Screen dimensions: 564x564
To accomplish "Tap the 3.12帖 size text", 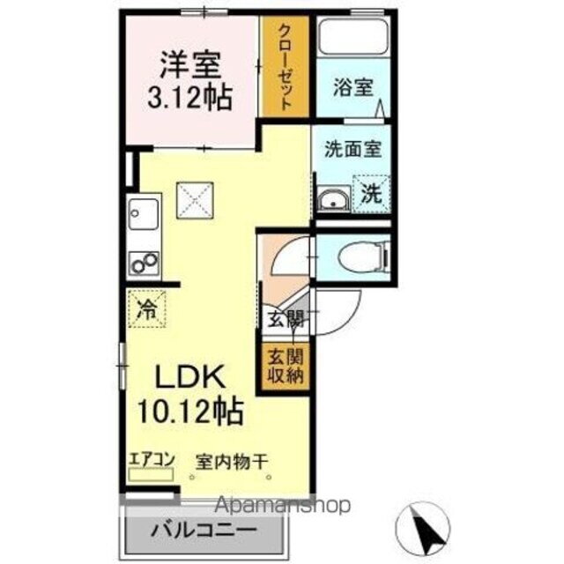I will pos(189,95).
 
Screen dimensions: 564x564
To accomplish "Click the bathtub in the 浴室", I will pos(355,37).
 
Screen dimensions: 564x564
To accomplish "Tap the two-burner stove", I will pos(143,263).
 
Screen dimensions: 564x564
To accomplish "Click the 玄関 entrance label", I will pos(284,320).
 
